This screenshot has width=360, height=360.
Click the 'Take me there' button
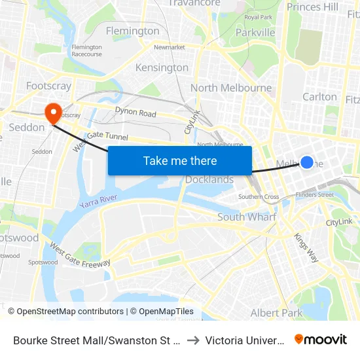click(180, 160)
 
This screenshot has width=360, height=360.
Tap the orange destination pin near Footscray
click(51, 113)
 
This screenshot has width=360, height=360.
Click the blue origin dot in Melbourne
click(306, 162)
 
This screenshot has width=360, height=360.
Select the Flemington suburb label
click(132, 31)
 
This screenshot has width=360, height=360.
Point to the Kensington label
click(162, 67)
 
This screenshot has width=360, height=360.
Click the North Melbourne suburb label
click(231, 88)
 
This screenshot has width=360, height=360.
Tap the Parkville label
click(255, 32)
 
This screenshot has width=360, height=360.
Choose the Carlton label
click(319, 96)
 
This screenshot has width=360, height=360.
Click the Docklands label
click(209, 180)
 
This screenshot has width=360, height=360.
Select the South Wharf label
click(247, 217)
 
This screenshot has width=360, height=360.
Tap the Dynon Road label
click(135, 113)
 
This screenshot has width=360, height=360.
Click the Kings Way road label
click(306, 247)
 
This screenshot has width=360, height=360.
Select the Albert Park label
click(277, 313)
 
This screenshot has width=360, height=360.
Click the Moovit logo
click(320, 339)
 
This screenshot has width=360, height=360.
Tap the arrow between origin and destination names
click(193, 340)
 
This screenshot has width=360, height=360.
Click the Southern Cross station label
click(259, 196)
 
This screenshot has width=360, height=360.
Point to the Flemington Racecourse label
click(86, 50)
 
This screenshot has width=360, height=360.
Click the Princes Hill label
click(313, 7)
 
